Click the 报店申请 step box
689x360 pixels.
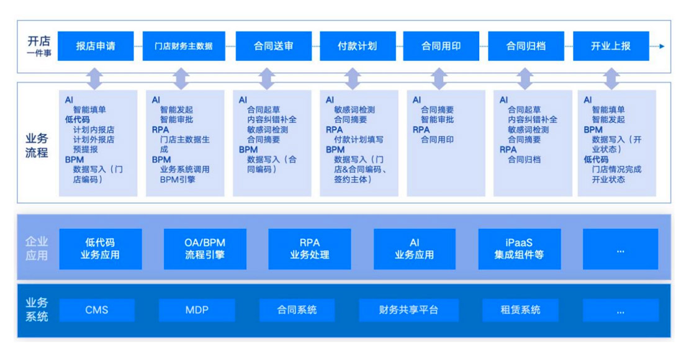(96, 46)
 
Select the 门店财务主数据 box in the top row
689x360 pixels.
(183, 46)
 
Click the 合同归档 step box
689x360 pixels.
(526, 46)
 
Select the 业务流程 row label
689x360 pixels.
(37, 145)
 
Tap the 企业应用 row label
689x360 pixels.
(37, 249)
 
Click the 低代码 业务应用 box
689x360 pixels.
(100, 249)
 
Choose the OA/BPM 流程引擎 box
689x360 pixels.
(205, 249)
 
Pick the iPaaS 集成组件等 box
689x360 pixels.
(519, 249)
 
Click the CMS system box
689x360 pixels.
(96, 310)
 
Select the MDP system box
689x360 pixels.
(197, 310)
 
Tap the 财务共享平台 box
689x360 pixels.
(408, 310)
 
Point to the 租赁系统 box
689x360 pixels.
(520, 310)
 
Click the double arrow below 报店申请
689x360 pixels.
(95, 79)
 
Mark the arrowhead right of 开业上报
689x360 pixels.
(662, 46)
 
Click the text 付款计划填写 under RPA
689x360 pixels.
(359, 140)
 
